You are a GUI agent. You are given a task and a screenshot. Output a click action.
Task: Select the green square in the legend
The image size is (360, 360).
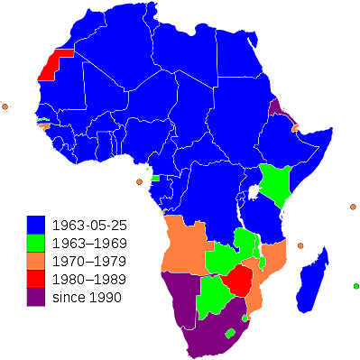click(x=36, y=242)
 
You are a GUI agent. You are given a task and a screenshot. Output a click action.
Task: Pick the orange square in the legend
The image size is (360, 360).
click(x=36, y=261)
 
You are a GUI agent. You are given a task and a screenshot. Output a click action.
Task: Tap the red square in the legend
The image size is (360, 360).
click(x=36, y=279)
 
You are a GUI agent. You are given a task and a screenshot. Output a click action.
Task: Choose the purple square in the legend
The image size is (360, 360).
click(x=36, y=297)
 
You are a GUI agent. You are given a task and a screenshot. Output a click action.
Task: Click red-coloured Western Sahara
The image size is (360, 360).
click(x=57, y=63)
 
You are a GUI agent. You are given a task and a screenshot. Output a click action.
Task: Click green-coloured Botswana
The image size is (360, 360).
click(x=214, y=291)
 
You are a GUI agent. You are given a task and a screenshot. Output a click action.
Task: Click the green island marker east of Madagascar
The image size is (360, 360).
click(x=355, y=287)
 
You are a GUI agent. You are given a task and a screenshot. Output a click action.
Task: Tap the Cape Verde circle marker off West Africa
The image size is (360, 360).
click(x=5, y=106)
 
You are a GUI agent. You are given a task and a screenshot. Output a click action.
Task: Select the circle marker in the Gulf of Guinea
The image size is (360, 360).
click(x=139, y=181)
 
